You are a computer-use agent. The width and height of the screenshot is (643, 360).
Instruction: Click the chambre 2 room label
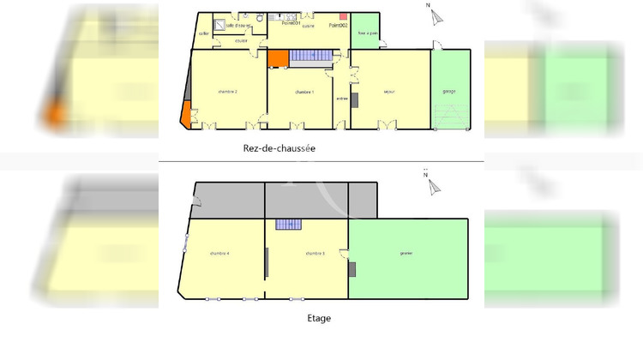pyautogui.click(x=228, y=92)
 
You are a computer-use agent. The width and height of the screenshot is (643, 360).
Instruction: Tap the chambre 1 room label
pyautogui.click(x=304, y=92)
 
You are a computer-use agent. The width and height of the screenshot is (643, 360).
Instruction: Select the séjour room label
pyautogui.click(x=388, y=90)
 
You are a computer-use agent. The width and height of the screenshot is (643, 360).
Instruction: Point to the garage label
pyautogui.click(x=449, y=90)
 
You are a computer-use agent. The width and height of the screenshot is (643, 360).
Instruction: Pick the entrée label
pyautogui.click(x=341, y=99)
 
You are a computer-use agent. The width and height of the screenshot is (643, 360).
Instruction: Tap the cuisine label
pyautogui.click(x=308, y=27)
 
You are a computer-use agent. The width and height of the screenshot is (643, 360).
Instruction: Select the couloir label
pyautogui.click(x=241, y=40)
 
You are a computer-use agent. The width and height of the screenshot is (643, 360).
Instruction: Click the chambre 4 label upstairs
pyautogui.click(x=220, y=254)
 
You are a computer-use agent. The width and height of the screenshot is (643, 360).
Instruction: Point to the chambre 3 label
pyautogui.click(x=315, y=254)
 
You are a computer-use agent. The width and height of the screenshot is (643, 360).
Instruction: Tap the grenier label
pyautogui.click(x=406, y=254)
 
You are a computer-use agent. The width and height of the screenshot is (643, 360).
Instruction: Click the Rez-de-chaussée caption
pyautogui.click(x=279, y=147)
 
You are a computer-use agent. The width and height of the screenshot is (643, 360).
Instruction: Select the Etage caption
pyautogui.click(x=319, y=318)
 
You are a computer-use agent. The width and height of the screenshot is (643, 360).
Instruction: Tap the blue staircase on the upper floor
pyautogui.click(x=289, y=225)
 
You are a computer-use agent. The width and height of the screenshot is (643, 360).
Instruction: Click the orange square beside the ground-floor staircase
pyautogui.click(x=278, y=58)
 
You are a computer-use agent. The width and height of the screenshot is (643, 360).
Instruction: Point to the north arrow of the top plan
pyautogui.click(x=436, y=15)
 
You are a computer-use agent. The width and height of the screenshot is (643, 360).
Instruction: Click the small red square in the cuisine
pyautogui.click(x=343, y=16)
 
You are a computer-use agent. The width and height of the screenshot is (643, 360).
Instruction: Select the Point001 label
pyautogui.click(x=289, y=24)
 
